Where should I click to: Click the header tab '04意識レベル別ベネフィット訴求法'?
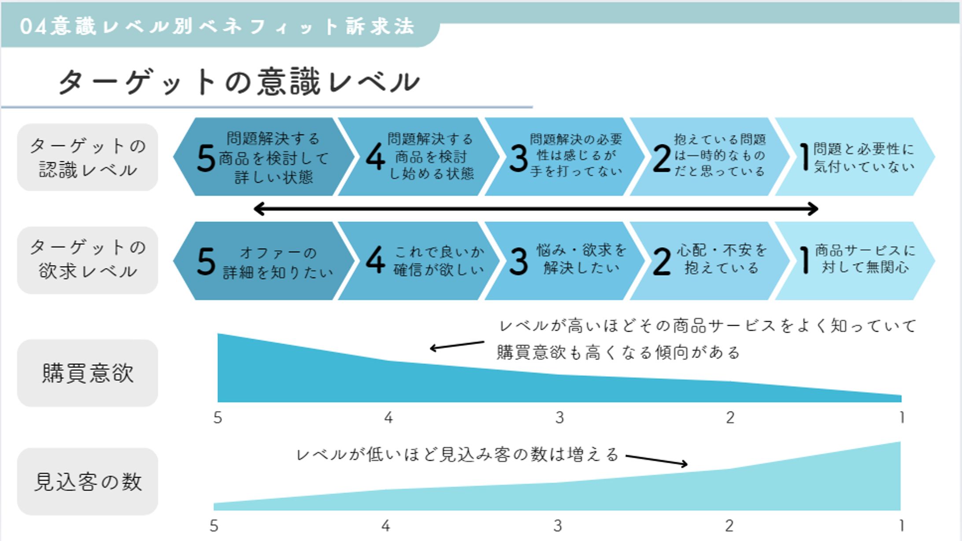(217, 26)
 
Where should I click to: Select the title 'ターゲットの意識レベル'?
(239, 82)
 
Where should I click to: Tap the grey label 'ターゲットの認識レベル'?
(88, 157)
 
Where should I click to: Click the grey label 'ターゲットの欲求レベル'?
(88, 260)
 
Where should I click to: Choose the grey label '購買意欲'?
(88, 373)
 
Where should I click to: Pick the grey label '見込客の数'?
(88, 482)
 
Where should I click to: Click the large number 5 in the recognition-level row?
(206, 158)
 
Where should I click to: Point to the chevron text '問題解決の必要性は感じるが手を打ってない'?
(576, 156)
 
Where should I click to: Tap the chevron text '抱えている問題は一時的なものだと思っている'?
(720, 156)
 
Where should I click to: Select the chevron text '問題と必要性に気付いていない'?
(864, 157)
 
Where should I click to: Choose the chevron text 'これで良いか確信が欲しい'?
(439, 260)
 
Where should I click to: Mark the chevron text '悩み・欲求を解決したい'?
(581, 259)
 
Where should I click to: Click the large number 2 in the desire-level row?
(662, 262)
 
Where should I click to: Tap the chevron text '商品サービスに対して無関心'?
(865, 259)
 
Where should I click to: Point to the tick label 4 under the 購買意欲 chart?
(388, 417)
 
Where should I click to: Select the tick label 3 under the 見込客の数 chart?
(558, 526)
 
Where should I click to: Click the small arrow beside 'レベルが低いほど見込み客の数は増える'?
(656, 460)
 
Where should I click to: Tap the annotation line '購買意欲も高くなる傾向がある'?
(618, 352)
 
